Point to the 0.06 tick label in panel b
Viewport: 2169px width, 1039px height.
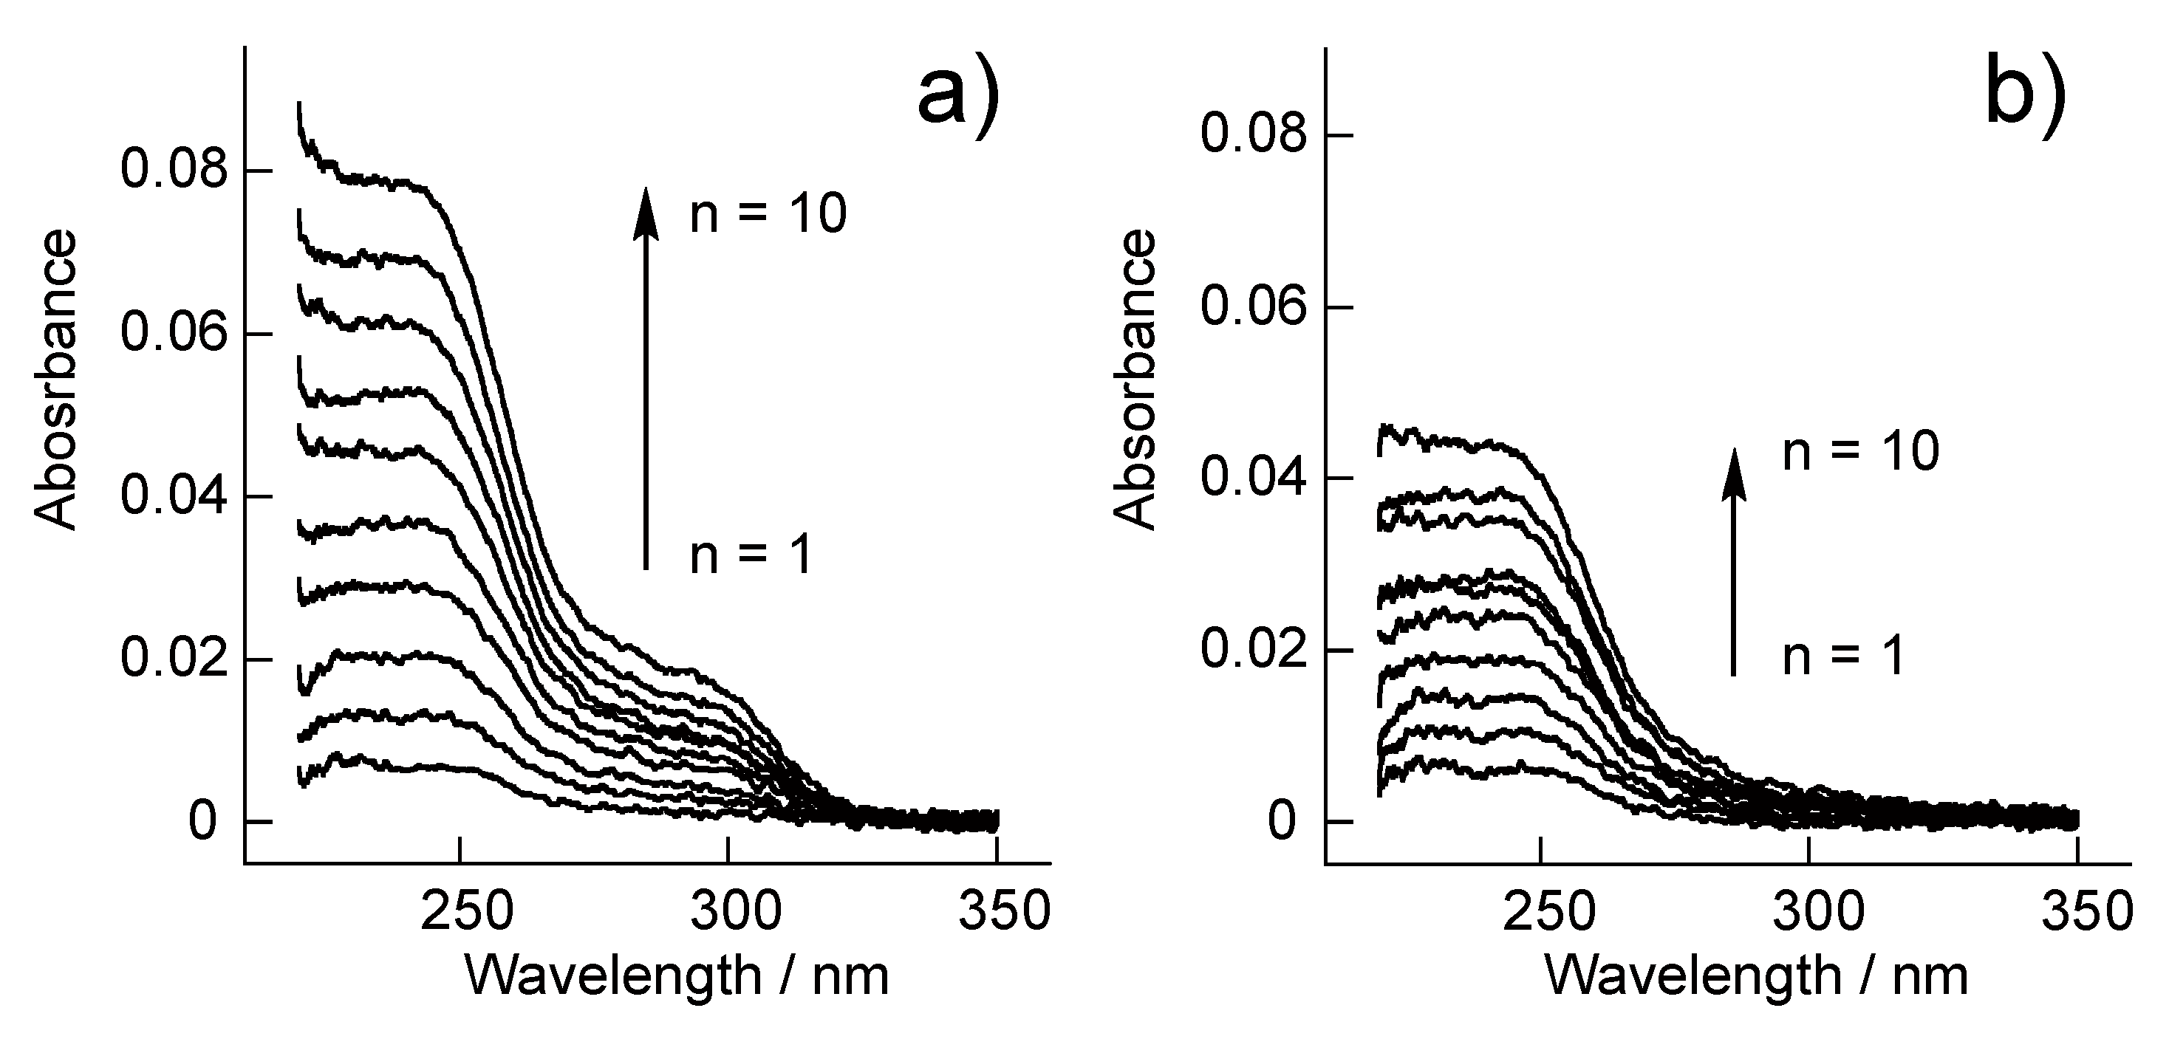click(x=1254, y=306)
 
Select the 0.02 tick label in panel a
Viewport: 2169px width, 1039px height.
click(x=174, y=659)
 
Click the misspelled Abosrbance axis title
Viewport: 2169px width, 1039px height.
click(x=56, y=380)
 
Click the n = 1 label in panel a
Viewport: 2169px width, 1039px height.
click(x=751, y=556)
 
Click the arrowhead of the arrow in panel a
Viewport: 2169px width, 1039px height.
click(x=646, y=210)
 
